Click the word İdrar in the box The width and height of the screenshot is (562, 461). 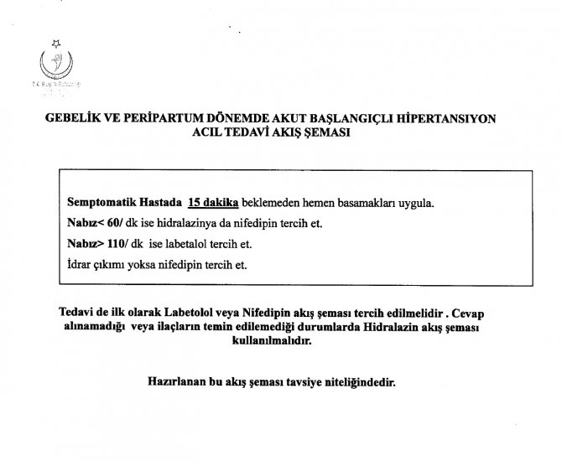pyautogui.click(x=78, y=266)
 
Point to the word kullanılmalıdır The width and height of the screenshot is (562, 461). pyautogui.click(x=281, y=341)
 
